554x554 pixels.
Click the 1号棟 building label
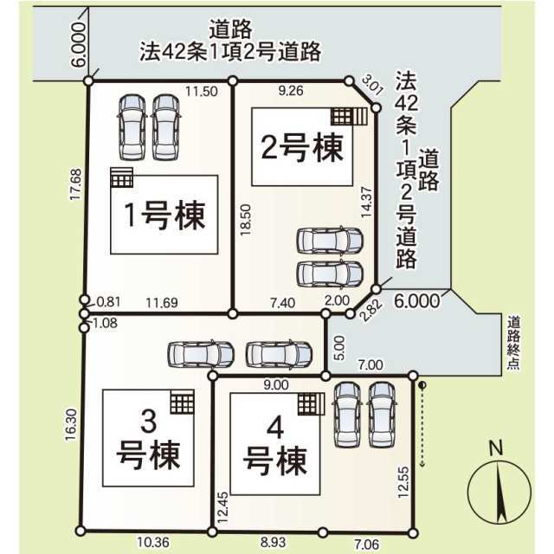pos(164,215)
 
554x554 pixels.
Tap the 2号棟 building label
pos(302,147)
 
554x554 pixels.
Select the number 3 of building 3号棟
pos(148,422)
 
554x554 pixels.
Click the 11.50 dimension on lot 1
pos(202,92)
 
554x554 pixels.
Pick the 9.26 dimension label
pos(291,91)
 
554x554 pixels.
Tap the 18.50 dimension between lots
pos(245,219)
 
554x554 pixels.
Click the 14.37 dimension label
pos(366,202)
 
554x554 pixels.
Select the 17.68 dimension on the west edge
pos(75,184)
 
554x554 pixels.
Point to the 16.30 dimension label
pos(71,425)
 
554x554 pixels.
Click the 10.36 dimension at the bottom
pos(153,542)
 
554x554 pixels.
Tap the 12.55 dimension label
pos(403,482)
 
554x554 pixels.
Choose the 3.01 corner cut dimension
pos(372,85)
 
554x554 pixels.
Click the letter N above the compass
pos(496,448)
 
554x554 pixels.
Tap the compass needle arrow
pos(500,493)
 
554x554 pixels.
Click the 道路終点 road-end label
pos(513,344)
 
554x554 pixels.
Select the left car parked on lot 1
pos(132,127)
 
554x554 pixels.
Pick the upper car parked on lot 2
pos(330,241)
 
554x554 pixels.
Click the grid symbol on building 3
pos(183,402)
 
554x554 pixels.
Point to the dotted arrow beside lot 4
pos(422,425)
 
